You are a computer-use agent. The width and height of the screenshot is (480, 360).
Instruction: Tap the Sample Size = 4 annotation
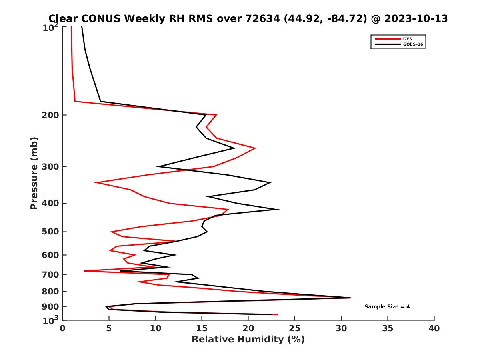coord(387,307)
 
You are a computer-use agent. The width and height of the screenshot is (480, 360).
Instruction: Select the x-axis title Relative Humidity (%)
coord(248,340)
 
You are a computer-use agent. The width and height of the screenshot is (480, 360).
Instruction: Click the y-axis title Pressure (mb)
coord(34,173)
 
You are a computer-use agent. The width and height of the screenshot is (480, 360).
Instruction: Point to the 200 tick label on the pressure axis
coord(48,115)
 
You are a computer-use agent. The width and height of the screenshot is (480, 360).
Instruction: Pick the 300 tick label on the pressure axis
coord(48,166)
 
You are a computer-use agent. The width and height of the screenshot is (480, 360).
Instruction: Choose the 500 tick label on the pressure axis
coord(48,232)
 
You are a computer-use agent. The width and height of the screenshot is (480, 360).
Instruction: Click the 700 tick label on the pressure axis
coord(48,274)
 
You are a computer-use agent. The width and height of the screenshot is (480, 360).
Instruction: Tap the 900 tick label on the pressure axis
coord(48,307)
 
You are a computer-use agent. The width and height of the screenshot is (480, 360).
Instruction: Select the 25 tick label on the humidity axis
coord(295,328)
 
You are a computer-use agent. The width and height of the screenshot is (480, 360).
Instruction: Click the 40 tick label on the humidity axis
coord(434,328)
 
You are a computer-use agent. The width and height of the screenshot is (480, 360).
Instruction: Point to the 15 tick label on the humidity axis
coord(202,328)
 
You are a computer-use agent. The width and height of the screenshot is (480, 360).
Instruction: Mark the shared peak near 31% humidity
coord(350,298)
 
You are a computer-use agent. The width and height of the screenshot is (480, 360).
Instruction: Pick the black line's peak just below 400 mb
coord(278,209)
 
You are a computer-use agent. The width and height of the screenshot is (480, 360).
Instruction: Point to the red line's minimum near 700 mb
coord(84,271)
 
